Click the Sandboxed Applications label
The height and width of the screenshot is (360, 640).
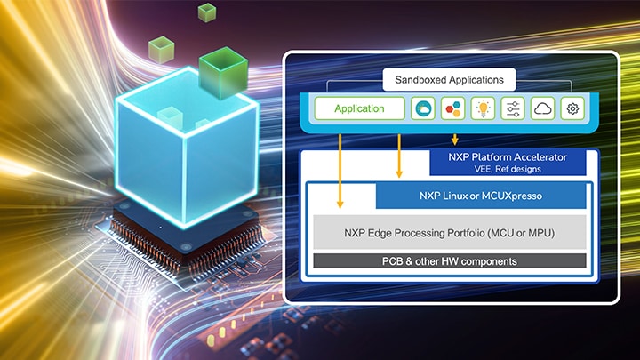pos(449,80)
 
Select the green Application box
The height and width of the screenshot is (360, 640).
pos(359,108)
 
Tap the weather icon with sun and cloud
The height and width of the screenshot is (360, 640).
pos(421,108)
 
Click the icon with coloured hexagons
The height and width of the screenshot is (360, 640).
pos(452,108)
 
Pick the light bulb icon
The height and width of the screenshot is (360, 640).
pos(483,108)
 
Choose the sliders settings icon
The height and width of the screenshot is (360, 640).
pos(513,108)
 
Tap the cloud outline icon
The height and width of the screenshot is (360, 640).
pos(543,108)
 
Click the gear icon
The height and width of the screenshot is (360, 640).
pos(573,108)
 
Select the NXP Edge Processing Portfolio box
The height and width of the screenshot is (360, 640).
pos(451,233)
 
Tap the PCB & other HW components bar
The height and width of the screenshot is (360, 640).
pos(451,261)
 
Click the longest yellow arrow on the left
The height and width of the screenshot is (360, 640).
pos(340,169)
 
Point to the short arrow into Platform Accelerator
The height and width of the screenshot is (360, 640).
pos(455,139)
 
